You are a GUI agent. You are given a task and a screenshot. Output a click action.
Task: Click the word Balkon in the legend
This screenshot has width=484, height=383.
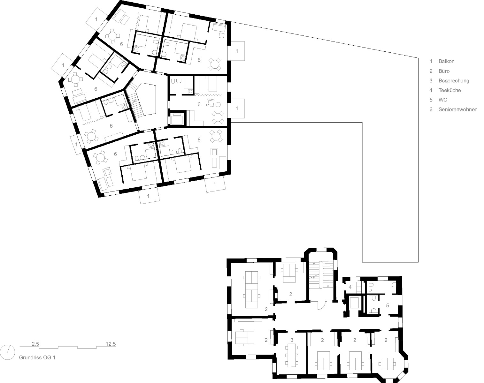point(446,61)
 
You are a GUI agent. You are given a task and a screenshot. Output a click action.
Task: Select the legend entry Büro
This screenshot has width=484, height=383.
point(444,71)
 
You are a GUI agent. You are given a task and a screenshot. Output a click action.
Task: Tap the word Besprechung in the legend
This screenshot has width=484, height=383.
point(454,81)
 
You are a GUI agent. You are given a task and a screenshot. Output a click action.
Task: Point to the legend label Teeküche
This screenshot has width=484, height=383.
point(449,90)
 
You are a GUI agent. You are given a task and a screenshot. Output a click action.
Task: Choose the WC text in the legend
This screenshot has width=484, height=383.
point(443,100)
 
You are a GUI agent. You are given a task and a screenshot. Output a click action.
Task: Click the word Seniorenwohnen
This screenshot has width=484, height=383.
point(458,109)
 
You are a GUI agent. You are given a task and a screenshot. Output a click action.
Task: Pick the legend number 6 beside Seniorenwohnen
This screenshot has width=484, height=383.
point(431,109)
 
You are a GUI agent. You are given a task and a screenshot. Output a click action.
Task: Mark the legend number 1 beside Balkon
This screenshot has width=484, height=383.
point(431,61)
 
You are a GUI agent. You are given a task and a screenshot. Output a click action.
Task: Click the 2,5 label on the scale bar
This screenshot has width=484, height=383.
point(35,344)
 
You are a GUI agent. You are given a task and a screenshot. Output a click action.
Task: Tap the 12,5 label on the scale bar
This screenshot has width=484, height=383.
point(111,344)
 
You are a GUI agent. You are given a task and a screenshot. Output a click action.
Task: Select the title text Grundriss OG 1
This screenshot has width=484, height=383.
point(37,358)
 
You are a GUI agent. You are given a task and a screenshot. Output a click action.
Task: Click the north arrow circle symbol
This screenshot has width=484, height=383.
point(7,351)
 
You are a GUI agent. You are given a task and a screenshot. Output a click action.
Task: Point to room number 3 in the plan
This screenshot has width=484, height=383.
point(292,340)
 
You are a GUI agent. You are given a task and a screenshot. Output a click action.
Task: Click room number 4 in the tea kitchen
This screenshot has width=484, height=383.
point(350,287)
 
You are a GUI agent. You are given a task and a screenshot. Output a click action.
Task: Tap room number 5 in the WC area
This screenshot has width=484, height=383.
point(388,305)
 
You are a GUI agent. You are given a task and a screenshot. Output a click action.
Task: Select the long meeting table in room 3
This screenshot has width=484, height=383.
point(292,355)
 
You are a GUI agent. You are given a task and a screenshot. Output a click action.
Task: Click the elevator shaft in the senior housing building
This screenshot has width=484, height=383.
point(177,119)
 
